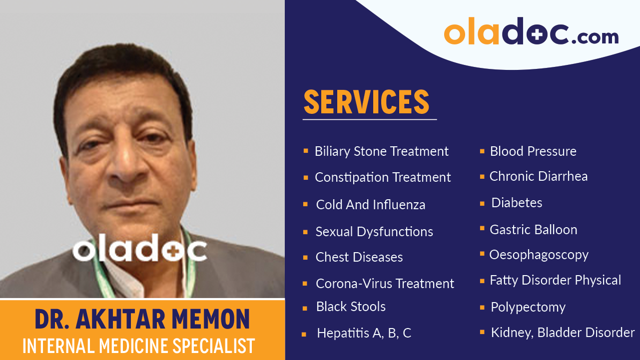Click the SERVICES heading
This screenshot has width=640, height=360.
tap(367, 102)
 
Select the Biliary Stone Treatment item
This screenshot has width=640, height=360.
tap(382, 151)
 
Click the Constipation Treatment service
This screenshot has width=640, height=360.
tap(383, 177)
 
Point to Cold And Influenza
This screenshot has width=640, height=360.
tap(371, 205)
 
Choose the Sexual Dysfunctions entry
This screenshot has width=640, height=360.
tap(374, 232)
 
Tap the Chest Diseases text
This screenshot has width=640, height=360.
tap(359, 257)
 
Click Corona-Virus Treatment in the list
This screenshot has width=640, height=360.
tap(385, 284)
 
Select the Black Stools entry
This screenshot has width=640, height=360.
tap(351, 307)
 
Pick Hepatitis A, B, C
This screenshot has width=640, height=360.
tap(364, 333)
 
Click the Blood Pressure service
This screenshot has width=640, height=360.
tap(533, 151)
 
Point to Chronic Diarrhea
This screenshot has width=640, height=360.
tap(539, 176)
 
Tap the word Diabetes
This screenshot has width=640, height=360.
tap(517, 203)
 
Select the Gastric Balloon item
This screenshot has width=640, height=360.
tap(533, 230)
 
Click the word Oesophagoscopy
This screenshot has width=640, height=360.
tap(539, 255)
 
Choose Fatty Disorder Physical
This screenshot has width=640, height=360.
tap(555, 280)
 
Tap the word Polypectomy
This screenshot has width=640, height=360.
tap(528, 307)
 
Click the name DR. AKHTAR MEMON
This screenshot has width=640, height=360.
tap(142, 320)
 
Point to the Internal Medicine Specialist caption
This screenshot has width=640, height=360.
tap(139, 346)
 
